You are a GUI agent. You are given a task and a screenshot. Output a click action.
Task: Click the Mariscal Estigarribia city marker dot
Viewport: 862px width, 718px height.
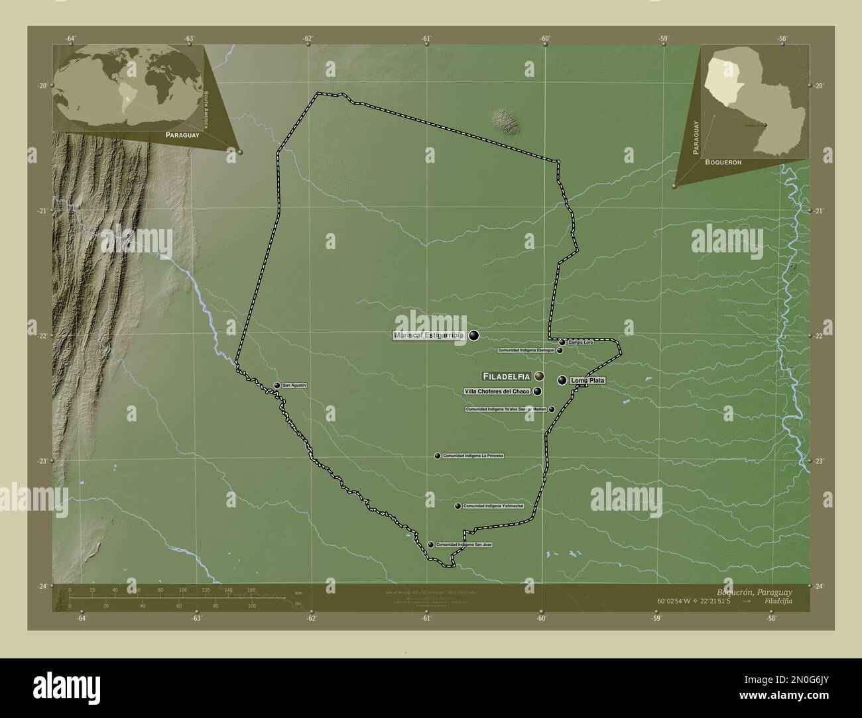pyautogui.click(x=473, y=336)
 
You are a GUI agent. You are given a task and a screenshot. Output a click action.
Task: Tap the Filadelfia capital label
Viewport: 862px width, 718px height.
pyautogui.click(x=507, y=376)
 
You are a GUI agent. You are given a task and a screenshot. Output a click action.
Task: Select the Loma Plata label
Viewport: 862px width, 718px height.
pyautogui.click(x=587, y=381)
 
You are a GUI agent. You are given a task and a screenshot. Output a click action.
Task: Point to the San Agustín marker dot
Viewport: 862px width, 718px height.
pyautogui.click(x=277, y=385)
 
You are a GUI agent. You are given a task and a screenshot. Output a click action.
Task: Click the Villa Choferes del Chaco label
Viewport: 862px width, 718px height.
pyautogui.click(x=497, y=391)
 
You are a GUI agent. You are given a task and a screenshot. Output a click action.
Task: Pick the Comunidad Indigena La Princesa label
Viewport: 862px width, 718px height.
pyautogui.click(x=473, y=456)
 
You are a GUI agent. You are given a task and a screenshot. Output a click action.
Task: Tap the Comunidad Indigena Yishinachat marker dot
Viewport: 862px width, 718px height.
pyautogui.click(x=458, y=506)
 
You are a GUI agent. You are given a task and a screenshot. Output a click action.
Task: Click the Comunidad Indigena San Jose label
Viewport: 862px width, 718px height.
pyautogui.click(x=464, y=544)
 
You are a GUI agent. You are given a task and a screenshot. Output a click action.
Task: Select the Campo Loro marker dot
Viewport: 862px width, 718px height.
pyautogui.click(x=562, y=342)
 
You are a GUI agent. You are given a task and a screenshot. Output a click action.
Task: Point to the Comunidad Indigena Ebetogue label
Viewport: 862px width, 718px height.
pyautogui.click(x=526, y=350)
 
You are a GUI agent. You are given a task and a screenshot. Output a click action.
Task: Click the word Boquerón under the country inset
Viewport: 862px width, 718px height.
pyautogui.click(x=723, y=162)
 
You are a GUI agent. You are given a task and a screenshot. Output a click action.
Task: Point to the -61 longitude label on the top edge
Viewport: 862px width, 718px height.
pyautogui.click(x=425, y=38)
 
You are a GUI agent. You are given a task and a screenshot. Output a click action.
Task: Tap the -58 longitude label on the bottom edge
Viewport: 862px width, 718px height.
pyautogui.click(x=770, y=619)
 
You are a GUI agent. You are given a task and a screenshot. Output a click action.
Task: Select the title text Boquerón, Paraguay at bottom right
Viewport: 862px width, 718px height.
pyautogui.click(x=754, y=591)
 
